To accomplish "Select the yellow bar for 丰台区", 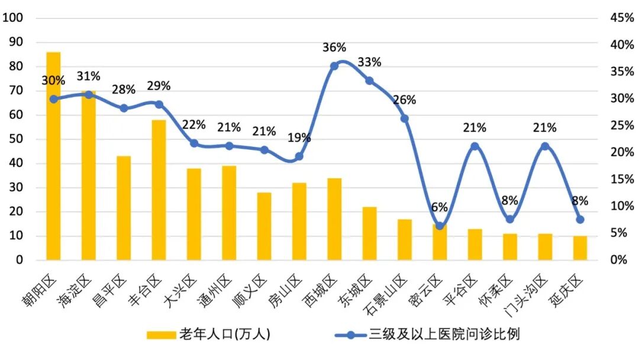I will (x=159, y=189).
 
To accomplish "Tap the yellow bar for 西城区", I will (x=334, y=218).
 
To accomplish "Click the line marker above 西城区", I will (x=334, y=66).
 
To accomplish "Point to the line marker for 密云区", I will (x=440, y=226).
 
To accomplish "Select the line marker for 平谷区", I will (x=475, y=146).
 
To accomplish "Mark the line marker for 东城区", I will (x=369, y=81).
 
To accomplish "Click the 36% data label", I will (x=334, y=47).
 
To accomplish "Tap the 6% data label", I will (x=440, y=207).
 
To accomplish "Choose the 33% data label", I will (x=369, y=62).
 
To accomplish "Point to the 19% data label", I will (x=299, y=138).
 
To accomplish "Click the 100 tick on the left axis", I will (x=13, y=18).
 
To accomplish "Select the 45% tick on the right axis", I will (x=621, y=18).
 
